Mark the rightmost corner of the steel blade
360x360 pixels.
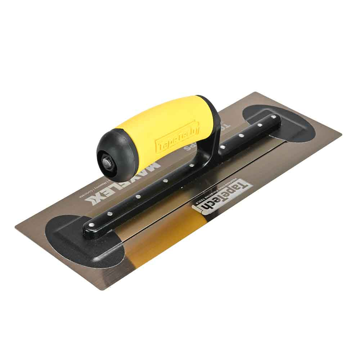point(341,134)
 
